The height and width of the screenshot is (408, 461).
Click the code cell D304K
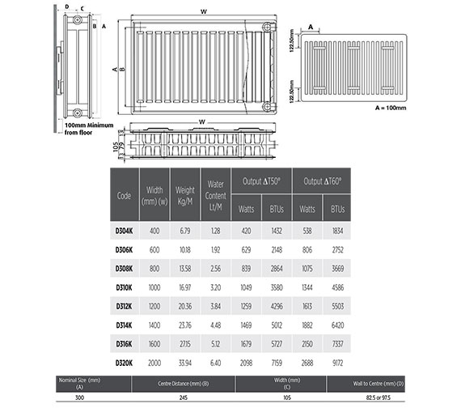[x=124, y=230]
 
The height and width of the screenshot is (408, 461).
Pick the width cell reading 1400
[x=154, y=324]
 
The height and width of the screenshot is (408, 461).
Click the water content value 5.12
[x=215, y=343]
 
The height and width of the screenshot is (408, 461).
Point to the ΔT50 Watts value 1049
[x=247, y=287]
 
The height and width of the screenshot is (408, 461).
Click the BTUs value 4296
[x=277, y=305]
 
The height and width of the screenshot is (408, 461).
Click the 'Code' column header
[x=124, y=195]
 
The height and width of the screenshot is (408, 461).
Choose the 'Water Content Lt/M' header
[x=215, y=195]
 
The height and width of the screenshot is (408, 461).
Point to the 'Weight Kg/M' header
[x=185, y=195]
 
